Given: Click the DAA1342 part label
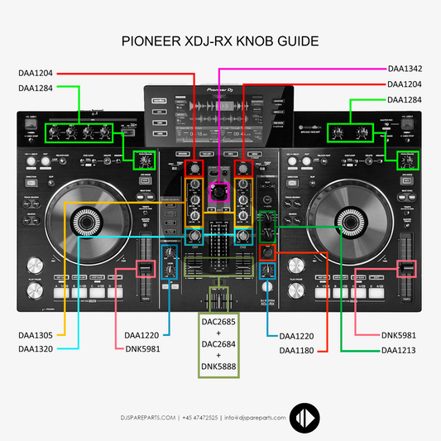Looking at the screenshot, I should pos(406,69).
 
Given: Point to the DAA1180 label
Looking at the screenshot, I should pos(297,349).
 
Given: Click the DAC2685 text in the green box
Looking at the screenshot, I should pos(218,319).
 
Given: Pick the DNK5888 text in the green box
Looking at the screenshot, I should pos(218,365).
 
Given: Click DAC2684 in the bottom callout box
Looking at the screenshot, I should pos(218,342).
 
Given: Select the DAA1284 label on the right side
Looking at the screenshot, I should pos(406,100).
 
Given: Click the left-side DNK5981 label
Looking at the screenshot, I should pos(142,349).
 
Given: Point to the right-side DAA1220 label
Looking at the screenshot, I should pos(297,335).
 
